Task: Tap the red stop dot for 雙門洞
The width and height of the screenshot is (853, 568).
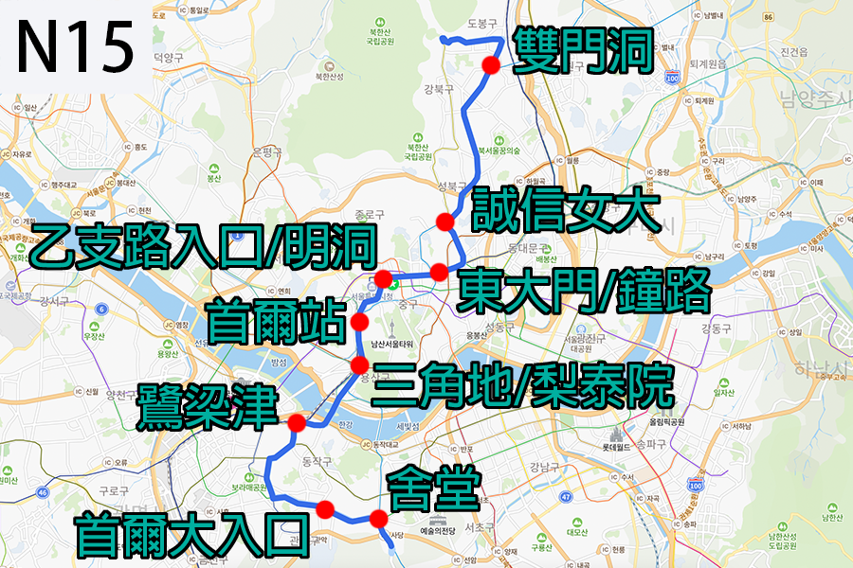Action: [490, 64]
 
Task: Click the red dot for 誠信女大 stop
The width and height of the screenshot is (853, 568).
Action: [443, 222]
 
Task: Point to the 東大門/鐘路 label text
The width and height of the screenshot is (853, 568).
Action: [582, 292]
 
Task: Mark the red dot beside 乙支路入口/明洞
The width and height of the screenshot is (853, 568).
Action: [383, 278]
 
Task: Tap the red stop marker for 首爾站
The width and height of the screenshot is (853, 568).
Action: [359, 323]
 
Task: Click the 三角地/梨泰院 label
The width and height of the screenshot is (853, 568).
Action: [523, 385]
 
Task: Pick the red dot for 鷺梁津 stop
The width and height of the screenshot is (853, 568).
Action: [297, 422]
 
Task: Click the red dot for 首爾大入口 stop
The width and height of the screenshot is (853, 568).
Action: [325, 509]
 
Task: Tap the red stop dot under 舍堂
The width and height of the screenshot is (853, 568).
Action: [378, 518]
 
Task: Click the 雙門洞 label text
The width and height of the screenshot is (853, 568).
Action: [582, 52]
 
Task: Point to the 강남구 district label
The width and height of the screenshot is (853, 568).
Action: [543, 466]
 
